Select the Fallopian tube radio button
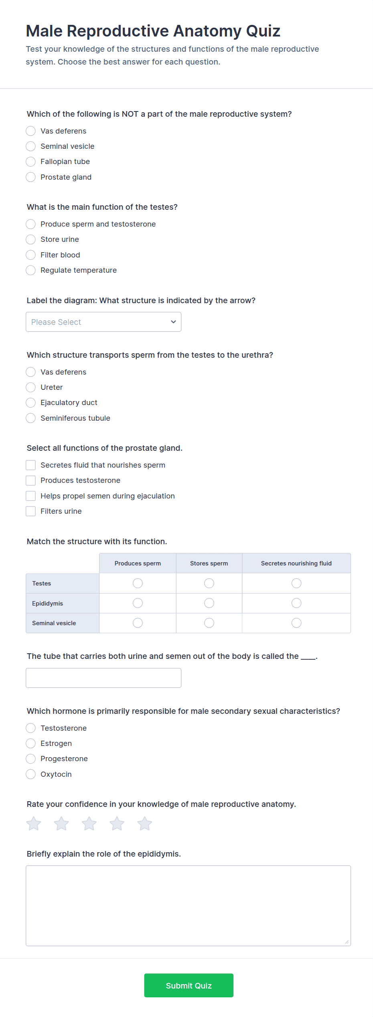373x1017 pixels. coord(31,162)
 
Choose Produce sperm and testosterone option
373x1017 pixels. coord(31,224)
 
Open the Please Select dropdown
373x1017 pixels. coord(103,322)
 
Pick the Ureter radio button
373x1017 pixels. coord(31,387)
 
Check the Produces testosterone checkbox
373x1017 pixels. coord(31,480)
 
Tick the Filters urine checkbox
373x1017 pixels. coord(31,511)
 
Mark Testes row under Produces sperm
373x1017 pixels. coord(138,583)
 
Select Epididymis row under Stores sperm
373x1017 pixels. coord(209,603)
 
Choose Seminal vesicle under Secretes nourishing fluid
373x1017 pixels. coord(296,623)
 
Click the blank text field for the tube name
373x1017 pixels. coord(103,678)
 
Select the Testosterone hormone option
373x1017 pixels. coord(31,728)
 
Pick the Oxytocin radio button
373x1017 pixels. coord(31,774)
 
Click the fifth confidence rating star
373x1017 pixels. coord(145,824)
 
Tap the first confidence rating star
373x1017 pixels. coord(34,824)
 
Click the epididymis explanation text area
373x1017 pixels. coord(188,906)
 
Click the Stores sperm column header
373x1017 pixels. coord(209,563)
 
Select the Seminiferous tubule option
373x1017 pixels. coord(31,418)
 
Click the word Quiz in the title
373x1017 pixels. coord(263,31)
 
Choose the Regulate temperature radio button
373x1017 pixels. coord(31,270)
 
